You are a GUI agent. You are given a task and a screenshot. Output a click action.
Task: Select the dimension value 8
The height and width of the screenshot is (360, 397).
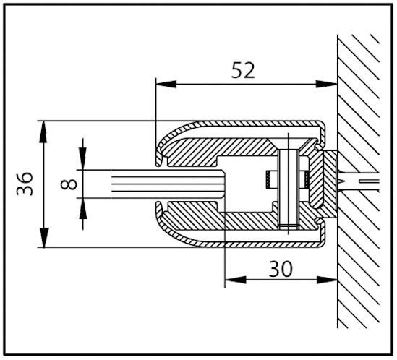pos(69,184)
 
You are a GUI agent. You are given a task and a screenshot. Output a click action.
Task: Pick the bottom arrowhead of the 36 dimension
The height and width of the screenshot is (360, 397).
pos(45,240)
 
